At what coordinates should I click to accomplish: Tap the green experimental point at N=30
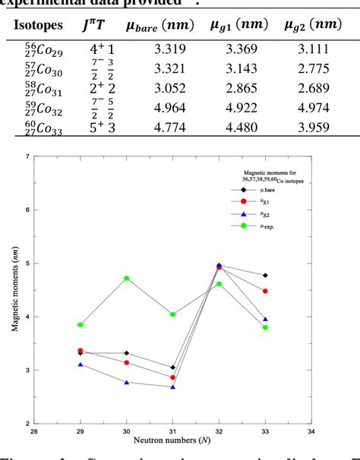(126, 278)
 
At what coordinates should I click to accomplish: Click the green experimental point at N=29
(81, 325)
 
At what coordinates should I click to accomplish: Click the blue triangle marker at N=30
(126, 383)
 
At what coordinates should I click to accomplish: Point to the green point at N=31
(172, 314)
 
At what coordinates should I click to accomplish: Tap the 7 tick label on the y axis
(28, 157)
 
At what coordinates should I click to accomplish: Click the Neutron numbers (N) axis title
(172, 440)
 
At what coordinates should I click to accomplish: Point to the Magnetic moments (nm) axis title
(14, 289)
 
